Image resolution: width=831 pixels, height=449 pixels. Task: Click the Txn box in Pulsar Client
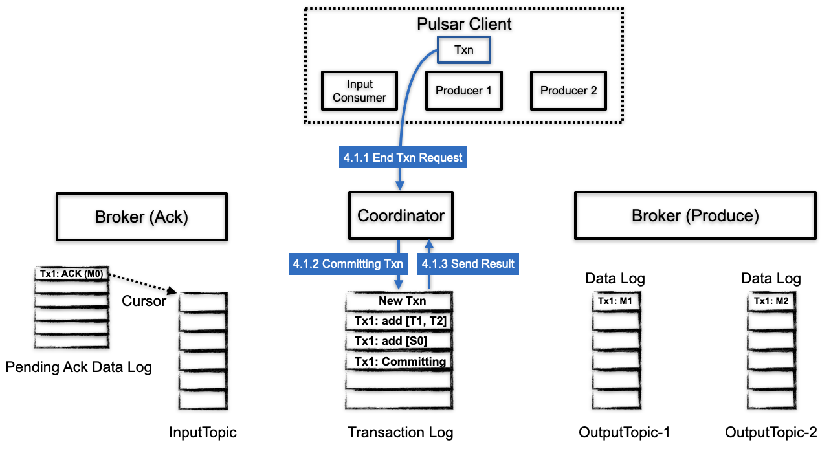[463, 50]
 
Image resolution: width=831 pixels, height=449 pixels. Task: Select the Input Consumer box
[359, 91]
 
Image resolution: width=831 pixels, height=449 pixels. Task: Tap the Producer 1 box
[463, 91]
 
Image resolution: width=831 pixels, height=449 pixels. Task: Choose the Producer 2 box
[568, 91]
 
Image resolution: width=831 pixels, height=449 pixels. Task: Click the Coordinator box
[401, 216]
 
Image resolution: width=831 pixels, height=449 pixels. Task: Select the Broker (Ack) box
[142, 217]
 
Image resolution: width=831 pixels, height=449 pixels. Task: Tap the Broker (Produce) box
[695, 216]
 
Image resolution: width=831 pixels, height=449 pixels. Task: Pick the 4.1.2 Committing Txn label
[348, 264]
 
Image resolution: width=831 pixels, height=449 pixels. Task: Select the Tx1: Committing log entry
[400, 361]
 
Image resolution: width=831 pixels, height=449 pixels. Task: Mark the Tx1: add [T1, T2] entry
[400, 321]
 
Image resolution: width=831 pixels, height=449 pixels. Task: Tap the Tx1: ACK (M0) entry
[71, 274]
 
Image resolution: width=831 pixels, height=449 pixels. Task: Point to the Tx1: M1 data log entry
[615, 301]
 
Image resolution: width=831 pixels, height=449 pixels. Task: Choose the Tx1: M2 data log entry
[771, 301]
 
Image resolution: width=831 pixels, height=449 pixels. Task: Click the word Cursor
[144, 301]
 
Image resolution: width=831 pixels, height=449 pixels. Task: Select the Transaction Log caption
[400, 433]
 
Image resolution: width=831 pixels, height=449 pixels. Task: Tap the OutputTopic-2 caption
[771, 433]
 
